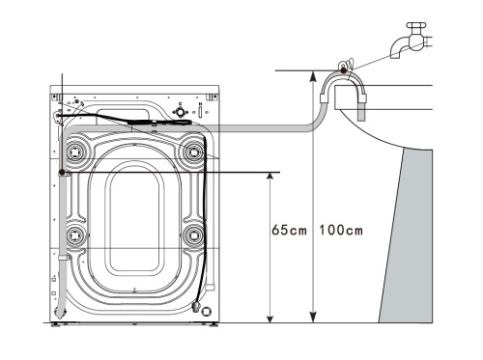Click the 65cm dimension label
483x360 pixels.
pos(289,231)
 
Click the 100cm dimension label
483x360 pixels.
pos(341,231)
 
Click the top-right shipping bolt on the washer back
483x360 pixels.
pos(194,150)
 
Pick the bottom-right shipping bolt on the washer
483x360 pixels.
pos(194,235)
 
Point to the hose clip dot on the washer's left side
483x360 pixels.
pos(62,172)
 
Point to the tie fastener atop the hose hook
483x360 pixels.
pos(339,69)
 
